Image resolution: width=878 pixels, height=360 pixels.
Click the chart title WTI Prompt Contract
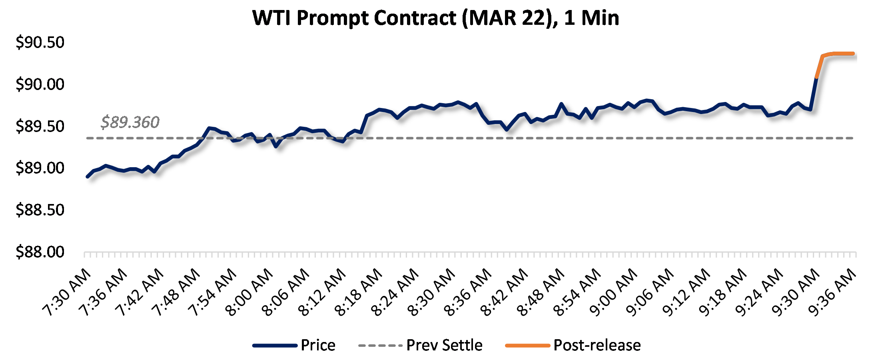point(435,18)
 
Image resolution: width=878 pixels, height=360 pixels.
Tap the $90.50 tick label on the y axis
point(40,42)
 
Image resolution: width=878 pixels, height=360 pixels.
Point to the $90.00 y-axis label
point(40,84)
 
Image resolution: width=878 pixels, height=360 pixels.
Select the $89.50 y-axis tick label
point(40,126)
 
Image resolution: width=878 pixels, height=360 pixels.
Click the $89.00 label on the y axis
point(40,168)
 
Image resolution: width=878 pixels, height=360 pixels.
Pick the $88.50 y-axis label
point(40,210)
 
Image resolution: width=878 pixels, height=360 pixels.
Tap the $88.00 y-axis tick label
point(40,252)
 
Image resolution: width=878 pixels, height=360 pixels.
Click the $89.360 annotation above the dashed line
point(130,122)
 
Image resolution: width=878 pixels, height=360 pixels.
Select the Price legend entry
point(318,345)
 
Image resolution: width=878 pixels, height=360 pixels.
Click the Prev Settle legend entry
point(444,345)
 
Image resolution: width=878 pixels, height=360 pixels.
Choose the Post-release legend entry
point(597,345)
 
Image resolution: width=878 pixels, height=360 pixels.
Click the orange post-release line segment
point(838,54)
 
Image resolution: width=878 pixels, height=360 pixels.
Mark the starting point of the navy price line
point(88,176)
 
